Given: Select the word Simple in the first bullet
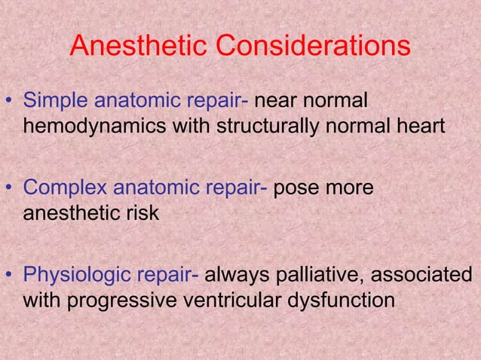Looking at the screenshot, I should pyautogui.click(x=54, y=101).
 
